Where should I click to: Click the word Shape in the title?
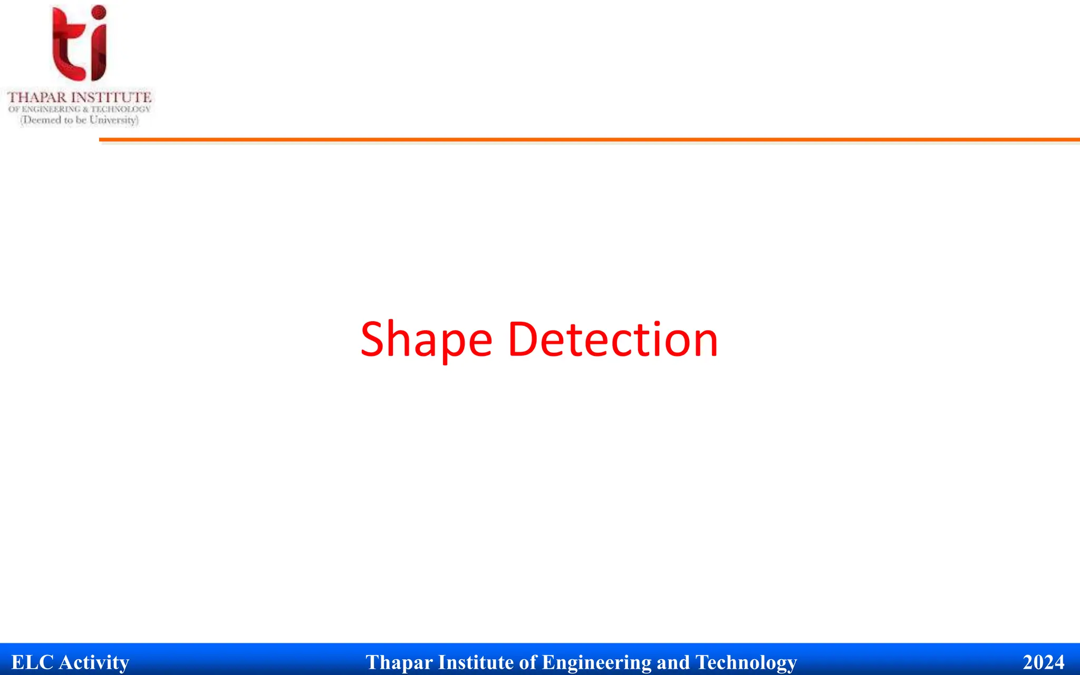tap(426, 340)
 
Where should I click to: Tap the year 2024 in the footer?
tap(1043, 662)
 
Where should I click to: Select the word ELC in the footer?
tap(32, 662)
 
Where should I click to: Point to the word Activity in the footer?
tap(94, 662)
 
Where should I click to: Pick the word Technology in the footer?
tap(746, 662)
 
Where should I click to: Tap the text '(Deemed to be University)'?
tap(80, 120)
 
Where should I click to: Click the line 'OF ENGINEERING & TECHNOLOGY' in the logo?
tap(80, 109)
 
